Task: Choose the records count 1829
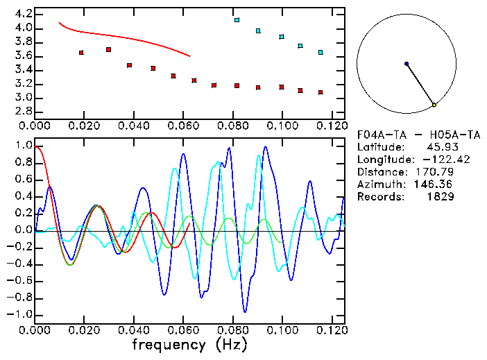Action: click(440, 197)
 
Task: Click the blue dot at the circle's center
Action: click(407, 64)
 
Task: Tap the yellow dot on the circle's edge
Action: click(434, 105)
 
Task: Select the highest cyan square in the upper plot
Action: click(237, 20)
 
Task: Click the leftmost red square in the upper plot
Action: click(82, 53)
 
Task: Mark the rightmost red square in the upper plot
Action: click(321, 92)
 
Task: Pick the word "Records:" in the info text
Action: click(379, 197)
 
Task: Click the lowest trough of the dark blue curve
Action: click(244, 311)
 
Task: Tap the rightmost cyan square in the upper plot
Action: click(321, 52)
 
